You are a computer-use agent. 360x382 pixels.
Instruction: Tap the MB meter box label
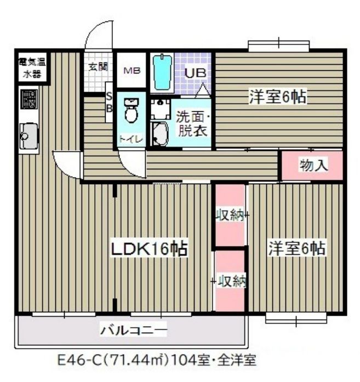pos(132,71)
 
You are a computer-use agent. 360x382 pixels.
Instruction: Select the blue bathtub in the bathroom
pos(162,72)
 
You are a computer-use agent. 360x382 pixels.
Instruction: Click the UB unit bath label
pos(196,73)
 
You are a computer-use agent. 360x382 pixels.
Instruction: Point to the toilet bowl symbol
pos(131,110)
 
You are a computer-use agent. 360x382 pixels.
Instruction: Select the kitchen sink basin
pos(29,136)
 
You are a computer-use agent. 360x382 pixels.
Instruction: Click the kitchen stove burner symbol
pos(29,99)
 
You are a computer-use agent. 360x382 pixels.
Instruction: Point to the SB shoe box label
pos(109,103)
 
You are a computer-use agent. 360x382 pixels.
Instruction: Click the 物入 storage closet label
pos(313,166)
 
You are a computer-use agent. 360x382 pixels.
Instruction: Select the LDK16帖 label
pos(149,249)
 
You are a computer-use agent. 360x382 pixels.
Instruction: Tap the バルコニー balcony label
pos(134,330)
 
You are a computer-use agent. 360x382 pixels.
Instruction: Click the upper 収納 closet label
pos(230,215)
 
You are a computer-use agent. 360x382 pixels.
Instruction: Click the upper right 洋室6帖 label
pos(277,96)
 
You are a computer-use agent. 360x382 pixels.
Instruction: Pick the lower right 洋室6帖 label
pos(296,248)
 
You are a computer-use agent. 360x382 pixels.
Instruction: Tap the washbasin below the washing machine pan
pos(159,134)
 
